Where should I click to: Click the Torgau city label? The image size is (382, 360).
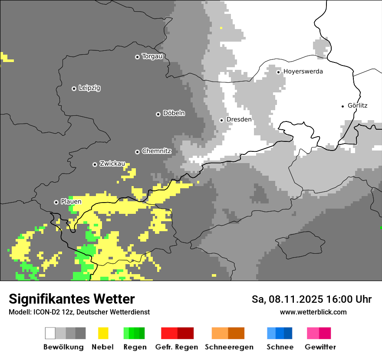pyautogui.click(x=152, y=56)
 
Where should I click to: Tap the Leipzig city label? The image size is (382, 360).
pyautogui.click(x=89, y=88)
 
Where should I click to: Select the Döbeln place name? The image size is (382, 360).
pyautogui.click(x=174, y=113)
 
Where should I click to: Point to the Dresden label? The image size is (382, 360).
pyautogui.click(x=239, y=120)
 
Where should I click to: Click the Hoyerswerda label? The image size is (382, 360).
pyautogui.click(x=303, y=72)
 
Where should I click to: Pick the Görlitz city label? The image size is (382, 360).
pyautogui.click(x=357, y=106)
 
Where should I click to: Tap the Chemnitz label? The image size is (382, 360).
pyautogui.click(x=156, y=151)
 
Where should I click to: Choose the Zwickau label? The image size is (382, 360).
pyautogui.click(x=112, y=164)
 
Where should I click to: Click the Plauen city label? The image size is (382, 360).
pyautogui.click(x=71, y=202)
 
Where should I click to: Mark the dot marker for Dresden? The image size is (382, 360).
pyautogui.click(x=221, y=120)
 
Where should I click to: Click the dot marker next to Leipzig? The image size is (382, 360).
pyautogui.click(x=74, y=88)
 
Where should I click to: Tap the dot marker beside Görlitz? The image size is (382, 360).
pyautogui.click(x=343, y=106)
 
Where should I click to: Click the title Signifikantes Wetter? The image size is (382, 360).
pyautogui.click(x=72, y=299)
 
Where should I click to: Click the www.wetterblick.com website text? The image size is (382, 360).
pyautogui.click(x=313, y=312)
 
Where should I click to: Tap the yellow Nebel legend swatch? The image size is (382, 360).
pyautogui.click(x=103, y=333)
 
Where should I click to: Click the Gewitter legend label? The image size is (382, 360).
pyautogui.click(x=320, y=347)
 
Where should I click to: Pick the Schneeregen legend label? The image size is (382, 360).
pyautogui.click(x=229, y=347)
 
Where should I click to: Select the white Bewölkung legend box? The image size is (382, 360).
pyautogui.click(x=50, y=333)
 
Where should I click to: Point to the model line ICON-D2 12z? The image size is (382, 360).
pyautogui.click(x=79, y=312)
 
